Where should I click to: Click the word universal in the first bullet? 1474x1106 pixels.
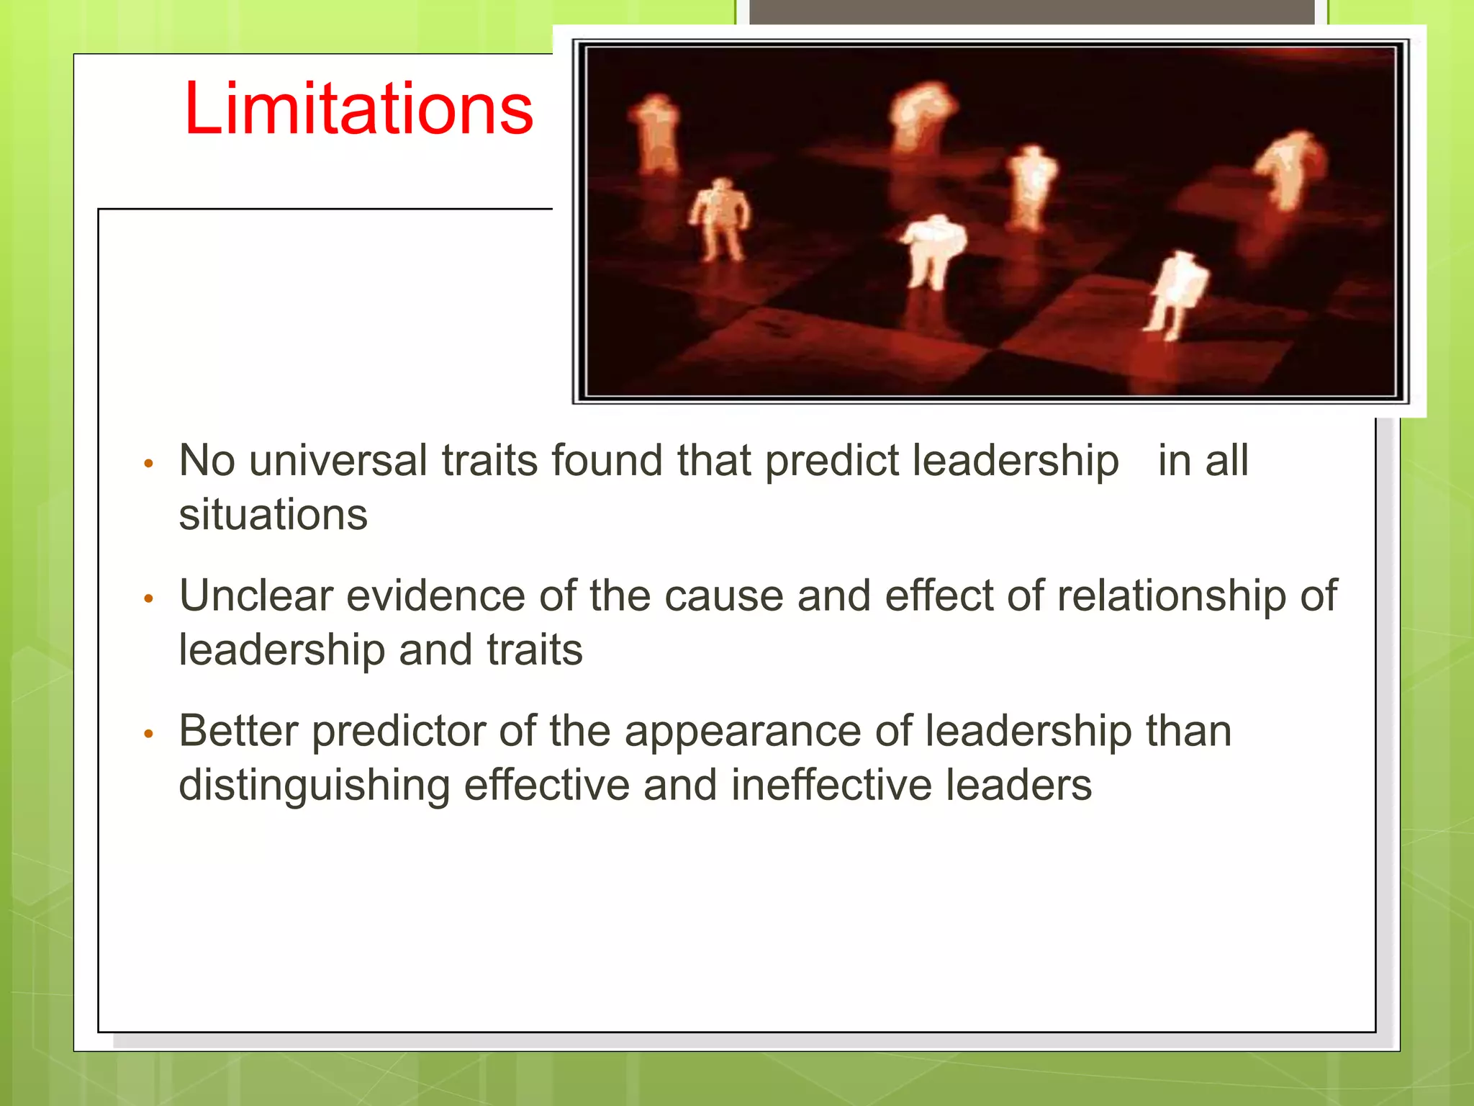coord(338,460)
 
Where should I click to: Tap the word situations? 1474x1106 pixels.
coord(273,515)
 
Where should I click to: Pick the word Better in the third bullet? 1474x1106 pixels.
coord(238,731)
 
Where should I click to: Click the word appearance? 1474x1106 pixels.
coord(742,731)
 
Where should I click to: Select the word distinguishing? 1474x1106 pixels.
coord(314,785)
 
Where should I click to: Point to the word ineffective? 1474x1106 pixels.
coord(831,785)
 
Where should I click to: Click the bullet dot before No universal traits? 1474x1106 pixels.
coord(149,464)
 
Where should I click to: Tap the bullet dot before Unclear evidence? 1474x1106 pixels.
coord(149,599)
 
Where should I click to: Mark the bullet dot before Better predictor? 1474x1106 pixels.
coord(149,734)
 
